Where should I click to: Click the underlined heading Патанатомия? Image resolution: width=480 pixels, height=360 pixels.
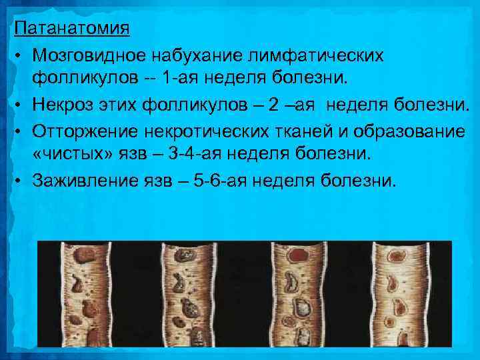[72, 29]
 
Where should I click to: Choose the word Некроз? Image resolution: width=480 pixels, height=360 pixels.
[68, 105]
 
